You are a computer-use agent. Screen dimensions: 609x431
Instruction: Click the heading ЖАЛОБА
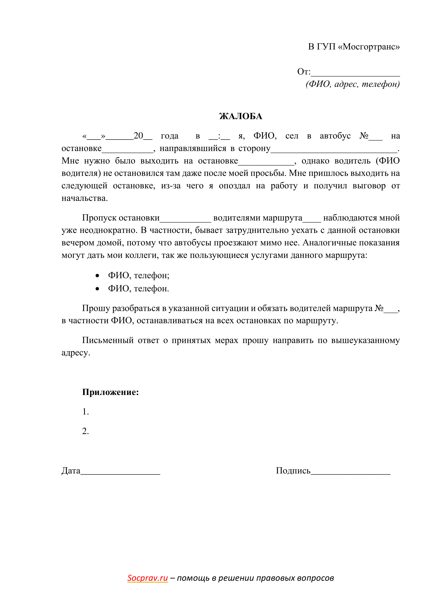[x=241, y=116]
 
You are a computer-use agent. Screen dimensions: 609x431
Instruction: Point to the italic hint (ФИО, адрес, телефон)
[x=353, y=84]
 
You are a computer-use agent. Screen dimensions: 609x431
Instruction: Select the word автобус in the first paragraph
[x=335, y=136]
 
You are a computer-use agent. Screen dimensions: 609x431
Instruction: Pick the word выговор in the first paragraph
[x=369, y=186]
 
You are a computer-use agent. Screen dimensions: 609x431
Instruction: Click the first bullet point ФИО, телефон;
[x=139, y=275]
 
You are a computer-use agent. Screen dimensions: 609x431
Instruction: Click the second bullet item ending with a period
[x=138, y=288]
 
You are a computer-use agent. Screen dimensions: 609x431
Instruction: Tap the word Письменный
[x=108, y=340]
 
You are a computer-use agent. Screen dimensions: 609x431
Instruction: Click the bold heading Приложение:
[x=110, y=392]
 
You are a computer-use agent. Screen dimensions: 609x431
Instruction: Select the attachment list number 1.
[x=85, y=412]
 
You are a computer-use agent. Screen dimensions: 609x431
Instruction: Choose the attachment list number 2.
[x=85, y=431]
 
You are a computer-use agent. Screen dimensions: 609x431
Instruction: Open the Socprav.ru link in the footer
[x=147, y=578]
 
